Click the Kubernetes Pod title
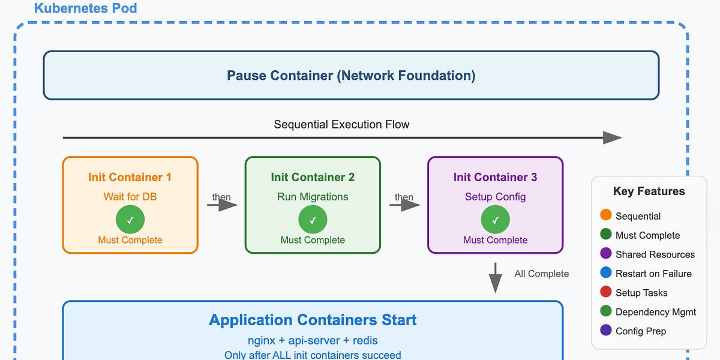(x=85, y=8)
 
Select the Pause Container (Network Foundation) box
(x=351, y=76)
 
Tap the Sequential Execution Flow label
(x=341, y=125)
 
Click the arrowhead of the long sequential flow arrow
(x=612, y=138)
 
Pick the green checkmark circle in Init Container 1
(x=130, y=220)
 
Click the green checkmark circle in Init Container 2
(x=313, y=220)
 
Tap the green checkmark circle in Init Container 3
(x=495, y=220)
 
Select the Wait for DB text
(x=130, y=197)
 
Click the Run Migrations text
(x=313, y=197)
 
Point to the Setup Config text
(x=495, y=197)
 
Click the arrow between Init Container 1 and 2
(x=222, y=205)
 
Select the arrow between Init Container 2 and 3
(x=404, y=205)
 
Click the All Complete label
(x=541, y=274)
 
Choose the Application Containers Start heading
(x=313, y=320)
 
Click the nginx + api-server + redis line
(x=313, y=341)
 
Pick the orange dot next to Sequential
(x=605, y=215)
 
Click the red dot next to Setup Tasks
(x=605, y=292)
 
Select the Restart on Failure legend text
(x=653, y=274)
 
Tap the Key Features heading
(x=649, y=191)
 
